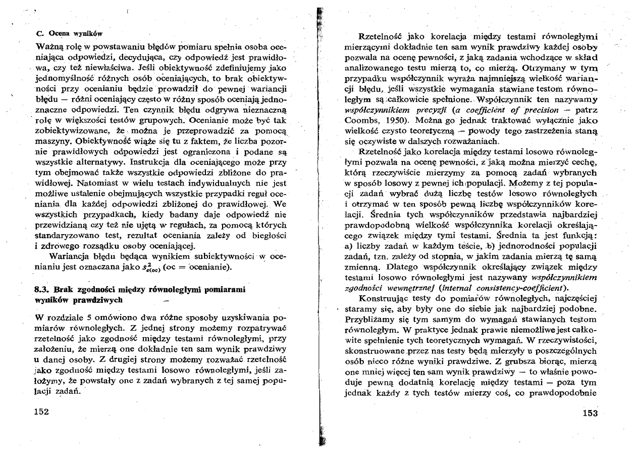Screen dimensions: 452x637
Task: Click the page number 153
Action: coord(589,413)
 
